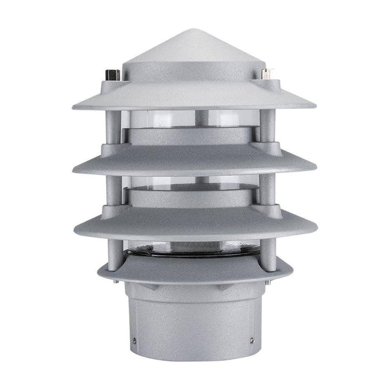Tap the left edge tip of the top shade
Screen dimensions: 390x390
(73, 107)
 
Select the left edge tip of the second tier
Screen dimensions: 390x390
(73, 169)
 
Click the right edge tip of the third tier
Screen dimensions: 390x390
(317, 231)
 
